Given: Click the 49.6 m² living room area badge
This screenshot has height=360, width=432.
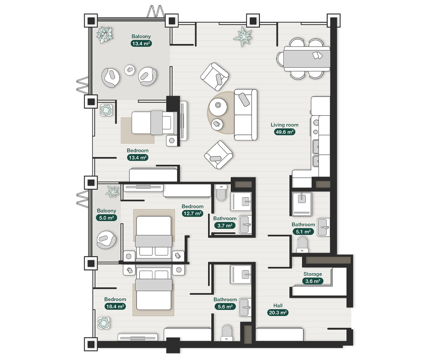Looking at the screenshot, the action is coord(284,132).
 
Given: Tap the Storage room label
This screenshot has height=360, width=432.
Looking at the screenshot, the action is coord(312,274).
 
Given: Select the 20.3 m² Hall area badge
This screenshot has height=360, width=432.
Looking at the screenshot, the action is coord(278,312).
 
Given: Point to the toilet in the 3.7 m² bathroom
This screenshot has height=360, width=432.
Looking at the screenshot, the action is coord(221,193).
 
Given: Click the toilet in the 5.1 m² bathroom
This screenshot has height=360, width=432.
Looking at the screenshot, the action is coord(302,245).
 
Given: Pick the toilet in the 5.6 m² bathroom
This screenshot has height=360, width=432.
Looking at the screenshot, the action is coord(227,333).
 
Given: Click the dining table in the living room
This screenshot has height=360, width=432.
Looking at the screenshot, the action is coord(307,59).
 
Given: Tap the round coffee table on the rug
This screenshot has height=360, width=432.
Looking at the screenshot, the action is coord(218,107).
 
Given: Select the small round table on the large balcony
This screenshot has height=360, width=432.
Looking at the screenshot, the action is coord(130,70).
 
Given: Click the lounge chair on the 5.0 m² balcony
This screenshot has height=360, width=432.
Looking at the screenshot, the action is coord(106,240).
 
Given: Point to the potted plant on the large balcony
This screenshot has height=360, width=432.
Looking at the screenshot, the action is coord(105,35).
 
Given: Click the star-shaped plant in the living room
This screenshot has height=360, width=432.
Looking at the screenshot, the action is coord(243,37).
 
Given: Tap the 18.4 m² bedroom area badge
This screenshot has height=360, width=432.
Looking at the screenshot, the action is coord(115,306).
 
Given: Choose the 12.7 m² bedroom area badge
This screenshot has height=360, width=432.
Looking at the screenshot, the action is coord(192,213).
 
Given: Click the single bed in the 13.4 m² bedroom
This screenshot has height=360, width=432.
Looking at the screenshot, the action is coord(154,123).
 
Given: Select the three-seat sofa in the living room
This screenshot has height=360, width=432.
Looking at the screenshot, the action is coord(246,115).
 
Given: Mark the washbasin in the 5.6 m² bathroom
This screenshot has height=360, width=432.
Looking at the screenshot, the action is coord(245,307).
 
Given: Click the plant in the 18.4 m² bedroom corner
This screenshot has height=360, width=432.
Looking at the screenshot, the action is coord(103,323).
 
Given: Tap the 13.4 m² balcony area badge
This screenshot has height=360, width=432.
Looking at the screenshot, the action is coord(141,44).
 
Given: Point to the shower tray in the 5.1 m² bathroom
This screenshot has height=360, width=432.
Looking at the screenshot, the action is coord(302,204).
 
